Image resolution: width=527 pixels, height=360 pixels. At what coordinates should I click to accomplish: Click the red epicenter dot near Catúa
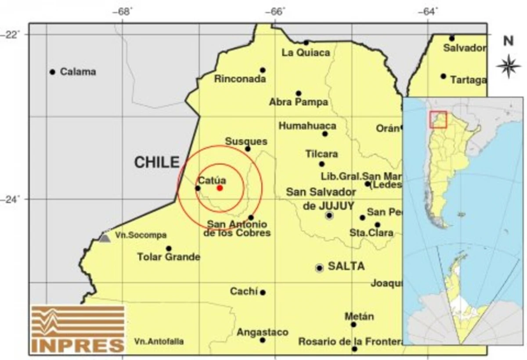[220, 188]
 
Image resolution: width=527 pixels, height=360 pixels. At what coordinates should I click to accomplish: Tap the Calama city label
[78, 72]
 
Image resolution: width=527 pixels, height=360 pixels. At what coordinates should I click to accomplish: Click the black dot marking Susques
[248, 149]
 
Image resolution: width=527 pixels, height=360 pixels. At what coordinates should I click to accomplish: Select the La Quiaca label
[306, 53]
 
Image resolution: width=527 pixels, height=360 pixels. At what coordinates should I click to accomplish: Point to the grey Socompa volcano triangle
[104, 238]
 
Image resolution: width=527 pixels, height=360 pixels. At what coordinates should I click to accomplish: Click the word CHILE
[157, 162]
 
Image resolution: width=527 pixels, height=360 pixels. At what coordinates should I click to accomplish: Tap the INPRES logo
[78, 330]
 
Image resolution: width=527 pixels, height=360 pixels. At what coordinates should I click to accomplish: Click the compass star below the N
[508, 66]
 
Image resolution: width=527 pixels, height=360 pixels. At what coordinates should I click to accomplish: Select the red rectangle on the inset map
[438, 119]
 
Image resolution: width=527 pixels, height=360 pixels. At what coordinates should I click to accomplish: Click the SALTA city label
[346, 266]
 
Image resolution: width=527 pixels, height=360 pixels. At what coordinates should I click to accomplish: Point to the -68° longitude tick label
[124, 11]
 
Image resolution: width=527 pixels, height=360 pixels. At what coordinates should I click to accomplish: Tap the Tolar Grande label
[169, 257]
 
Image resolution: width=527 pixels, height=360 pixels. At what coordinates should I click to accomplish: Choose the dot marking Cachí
[263, 293]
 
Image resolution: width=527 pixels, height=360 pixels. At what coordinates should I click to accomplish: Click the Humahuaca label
[307, 126]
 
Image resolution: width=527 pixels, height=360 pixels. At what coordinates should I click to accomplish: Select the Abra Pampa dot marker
[298, 93]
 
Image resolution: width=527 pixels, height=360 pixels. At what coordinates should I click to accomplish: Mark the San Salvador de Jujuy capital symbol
[329, 215]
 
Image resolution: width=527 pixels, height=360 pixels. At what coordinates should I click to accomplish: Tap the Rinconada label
[240, 79]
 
